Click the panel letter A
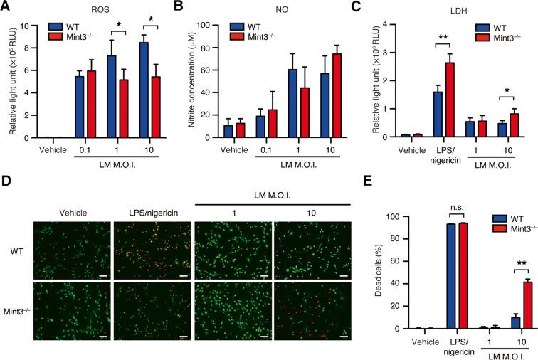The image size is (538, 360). (x=6, y=8)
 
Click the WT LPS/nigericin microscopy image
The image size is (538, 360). (x=152, y=240)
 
